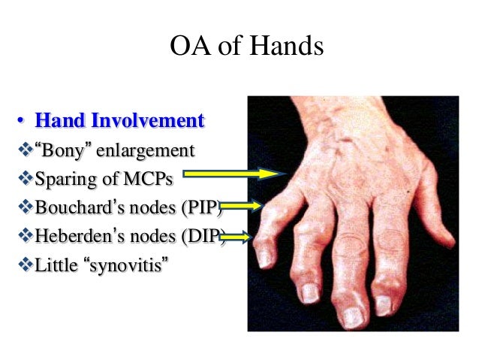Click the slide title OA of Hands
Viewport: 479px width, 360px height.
click(247, 47)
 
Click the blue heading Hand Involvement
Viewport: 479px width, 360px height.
click(120, 120)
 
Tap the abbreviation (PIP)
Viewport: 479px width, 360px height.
click(200, 207)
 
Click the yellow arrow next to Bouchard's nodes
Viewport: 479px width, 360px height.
click(240, 205)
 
